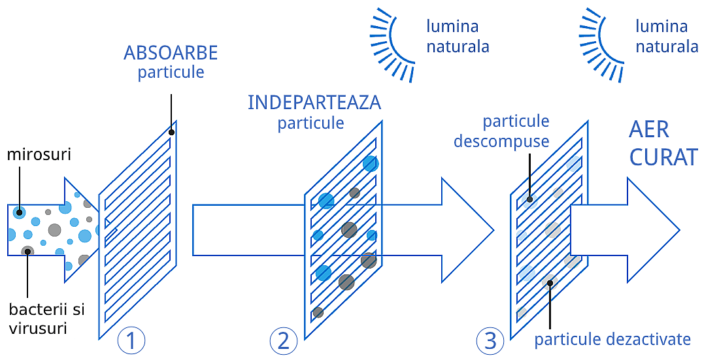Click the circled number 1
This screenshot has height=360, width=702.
(x=131, y=340)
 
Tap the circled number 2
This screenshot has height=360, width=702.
(x=283, y=340)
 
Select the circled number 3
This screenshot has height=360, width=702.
(x=490, y=340)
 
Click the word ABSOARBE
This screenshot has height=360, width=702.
(x=171, y=53)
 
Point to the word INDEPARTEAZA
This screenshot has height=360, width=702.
(x=314, y=103)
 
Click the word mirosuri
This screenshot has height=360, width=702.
(x=39, y=155)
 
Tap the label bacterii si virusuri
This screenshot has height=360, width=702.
(x=47, y=318)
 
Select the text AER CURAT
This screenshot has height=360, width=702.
(x=662, y=143)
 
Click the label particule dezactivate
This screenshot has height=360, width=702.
(x=612, y=339)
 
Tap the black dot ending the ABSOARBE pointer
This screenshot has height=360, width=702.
(x=171, y=133)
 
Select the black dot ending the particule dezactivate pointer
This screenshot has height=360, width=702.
(x=551, y=283)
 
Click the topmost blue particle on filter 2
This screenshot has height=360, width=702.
(x=371, y=163)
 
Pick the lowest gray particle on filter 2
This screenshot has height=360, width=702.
(x=318, y=312)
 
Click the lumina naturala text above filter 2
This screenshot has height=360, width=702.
(x=458, y=37)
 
